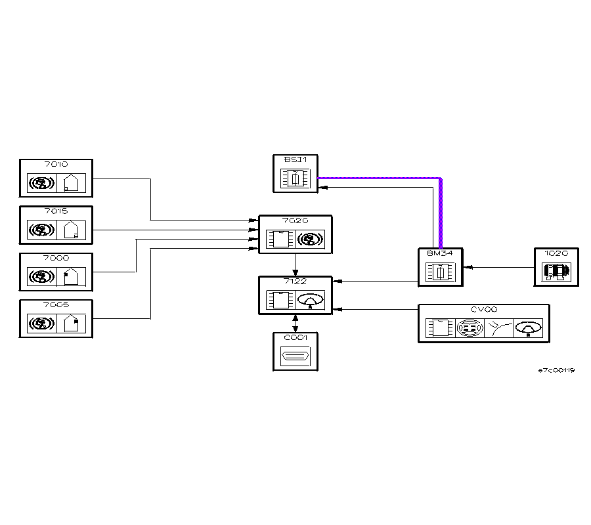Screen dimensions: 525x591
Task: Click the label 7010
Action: [56, 164]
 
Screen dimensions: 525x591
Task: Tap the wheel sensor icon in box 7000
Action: [42, 277]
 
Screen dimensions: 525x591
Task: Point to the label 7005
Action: [56, 305]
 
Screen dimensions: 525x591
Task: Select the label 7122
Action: [295, 282]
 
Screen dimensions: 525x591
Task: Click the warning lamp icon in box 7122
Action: [311, 301]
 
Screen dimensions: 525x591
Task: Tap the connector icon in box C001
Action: [295, 358]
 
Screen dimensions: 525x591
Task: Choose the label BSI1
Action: [291, 159]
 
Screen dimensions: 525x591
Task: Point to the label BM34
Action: [440, 253]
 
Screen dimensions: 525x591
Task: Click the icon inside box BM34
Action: [440, 272]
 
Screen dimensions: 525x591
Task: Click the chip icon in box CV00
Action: [438, 328]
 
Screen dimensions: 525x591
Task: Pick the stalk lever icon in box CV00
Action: [498, 328]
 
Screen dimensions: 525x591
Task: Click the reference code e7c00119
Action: [556, 371]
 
